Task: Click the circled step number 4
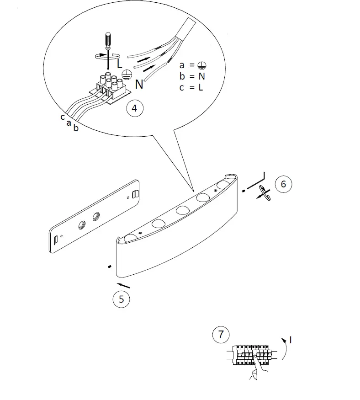(133, 108)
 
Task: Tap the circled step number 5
(121, 299)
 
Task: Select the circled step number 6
(283, 184)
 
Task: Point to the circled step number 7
(221, 335)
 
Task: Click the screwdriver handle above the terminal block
(108, 40)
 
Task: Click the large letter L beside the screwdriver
(119, 64)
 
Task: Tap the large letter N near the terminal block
(139, 84)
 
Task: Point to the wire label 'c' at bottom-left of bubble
(62, 117)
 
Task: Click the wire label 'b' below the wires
(76, 128)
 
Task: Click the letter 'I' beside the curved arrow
(291, 340)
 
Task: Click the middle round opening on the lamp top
(182, 211)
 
